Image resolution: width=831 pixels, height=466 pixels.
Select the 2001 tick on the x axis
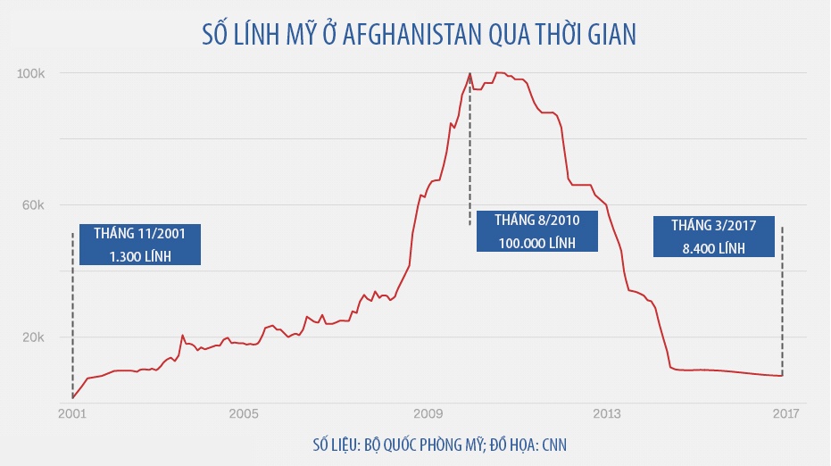click(72, 414)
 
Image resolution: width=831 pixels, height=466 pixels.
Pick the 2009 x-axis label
click(429, 414)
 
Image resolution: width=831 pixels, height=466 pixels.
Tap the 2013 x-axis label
click(607, 414)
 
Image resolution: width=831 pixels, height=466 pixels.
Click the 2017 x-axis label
click(785, 414)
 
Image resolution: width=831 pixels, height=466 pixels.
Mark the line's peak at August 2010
click(470, 73)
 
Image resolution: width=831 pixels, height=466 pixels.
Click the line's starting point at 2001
click(72, 397)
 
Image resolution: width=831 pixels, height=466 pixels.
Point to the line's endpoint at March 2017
click(782, 375)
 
